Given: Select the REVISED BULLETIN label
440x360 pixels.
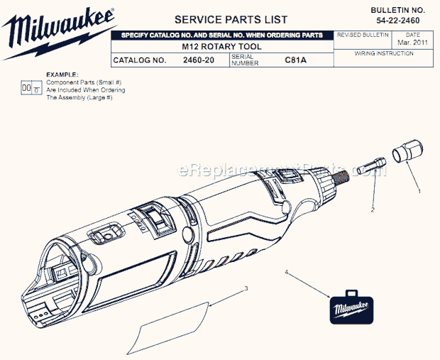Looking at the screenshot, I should [363, 34].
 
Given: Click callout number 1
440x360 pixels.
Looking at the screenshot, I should [419, 190].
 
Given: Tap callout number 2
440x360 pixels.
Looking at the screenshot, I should [372, 210].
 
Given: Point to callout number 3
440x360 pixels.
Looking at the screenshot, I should [246, 288].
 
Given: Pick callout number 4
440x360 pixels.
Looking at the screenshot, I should [287, 271].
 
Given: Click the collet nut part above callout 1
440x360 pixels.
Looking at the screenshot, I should [406, 154].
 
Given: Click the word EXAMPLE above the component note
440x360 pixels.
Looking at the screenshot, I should [62, 74].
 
